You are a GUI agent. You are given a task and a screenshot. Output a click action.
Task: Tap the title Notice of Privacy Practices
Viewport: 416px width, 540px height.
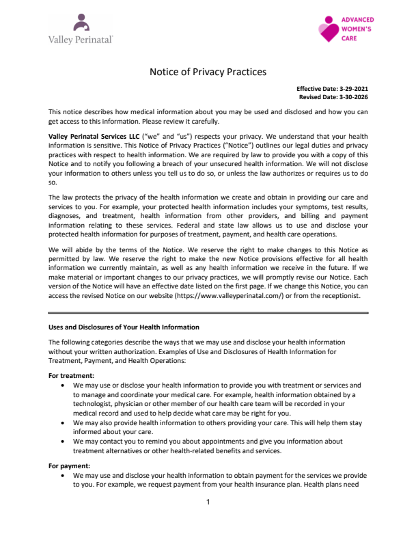pos(208,72)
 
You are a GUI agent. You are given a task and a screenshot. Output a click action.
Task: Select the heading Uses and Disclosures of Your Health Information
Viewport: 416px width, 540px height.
pos(124,327)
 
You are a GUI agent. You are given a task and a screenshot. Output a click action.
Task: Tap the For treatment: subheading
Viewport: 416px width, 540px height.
pos(72,375)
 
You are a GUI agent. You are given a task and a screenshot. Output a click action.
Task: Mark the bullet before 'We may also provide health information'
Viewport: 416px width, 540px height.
pos(63,422)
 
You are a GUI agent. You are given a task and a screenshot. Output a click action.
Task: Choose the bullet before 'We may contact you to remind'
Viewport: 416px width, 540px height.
pos(63,442)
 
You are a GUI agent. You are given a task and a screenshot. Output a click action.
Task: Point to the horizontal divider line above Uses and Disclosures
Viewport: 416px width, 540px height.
pos(208,312)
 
